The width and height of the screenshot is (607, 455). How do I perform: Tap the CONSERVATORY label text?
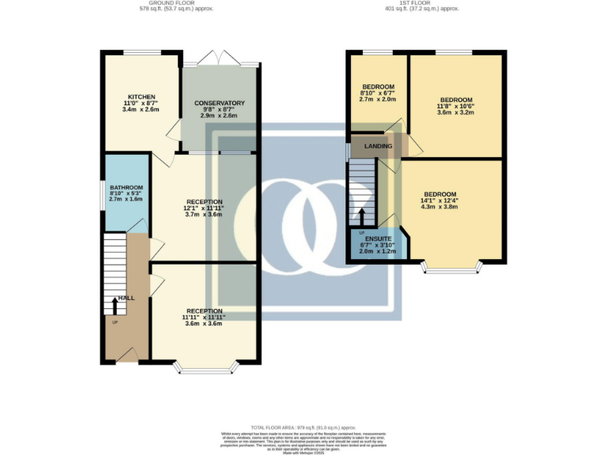point(220,103)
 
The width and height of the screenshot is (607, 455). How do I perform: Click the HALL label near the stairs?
point(126,299)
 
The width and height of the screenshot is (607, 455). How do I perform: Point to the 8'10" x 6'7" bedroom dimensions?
point(377,94)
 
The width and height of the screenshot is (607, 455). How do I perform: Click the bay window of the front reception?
point(205,367)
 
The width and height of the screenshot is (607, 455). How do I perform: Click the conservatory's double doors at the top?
point(219,59)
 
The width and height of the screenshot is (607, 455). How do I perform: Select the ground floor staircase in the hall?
point(114,273)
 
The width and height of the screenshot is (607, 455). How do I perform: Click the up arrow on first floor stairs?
point(363,214)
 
